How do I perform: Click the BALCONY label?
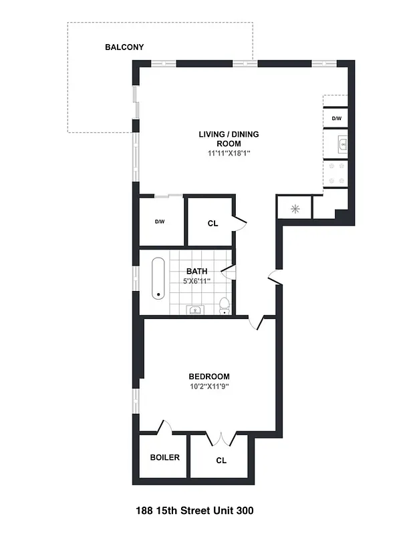(x=124, y=47)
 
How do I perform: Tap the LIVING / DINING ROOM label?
(x=229, y=139)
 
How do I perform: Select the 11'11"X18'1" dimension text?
(x=229, y=153)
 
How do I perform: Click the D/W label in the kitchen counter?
(x=336, y=119)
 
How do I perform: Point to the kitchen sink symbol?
(x=341, y=143)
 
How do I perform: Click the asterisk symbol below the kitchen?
(x=295, y=209)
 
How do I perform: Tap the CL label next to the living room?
(x=213, y=224)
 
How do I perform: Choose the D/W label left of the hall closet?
(x=160, y=222)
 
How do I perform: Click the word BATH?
(x=196, y=271)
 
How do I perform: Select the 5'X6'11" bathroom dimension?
(x=196, y=280)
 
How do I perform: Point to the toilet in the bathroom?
(x=225, y=306)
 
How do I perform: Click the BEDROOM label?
(x=208, y=376)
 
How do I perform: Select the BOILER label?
(x=164, y=458)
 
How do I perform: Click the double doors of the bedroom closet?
(x=221, y=439)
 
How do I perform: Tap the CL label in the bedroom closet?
(x=221, y=461)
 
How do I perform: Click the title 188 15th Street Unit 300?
(x=194, y=511)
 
